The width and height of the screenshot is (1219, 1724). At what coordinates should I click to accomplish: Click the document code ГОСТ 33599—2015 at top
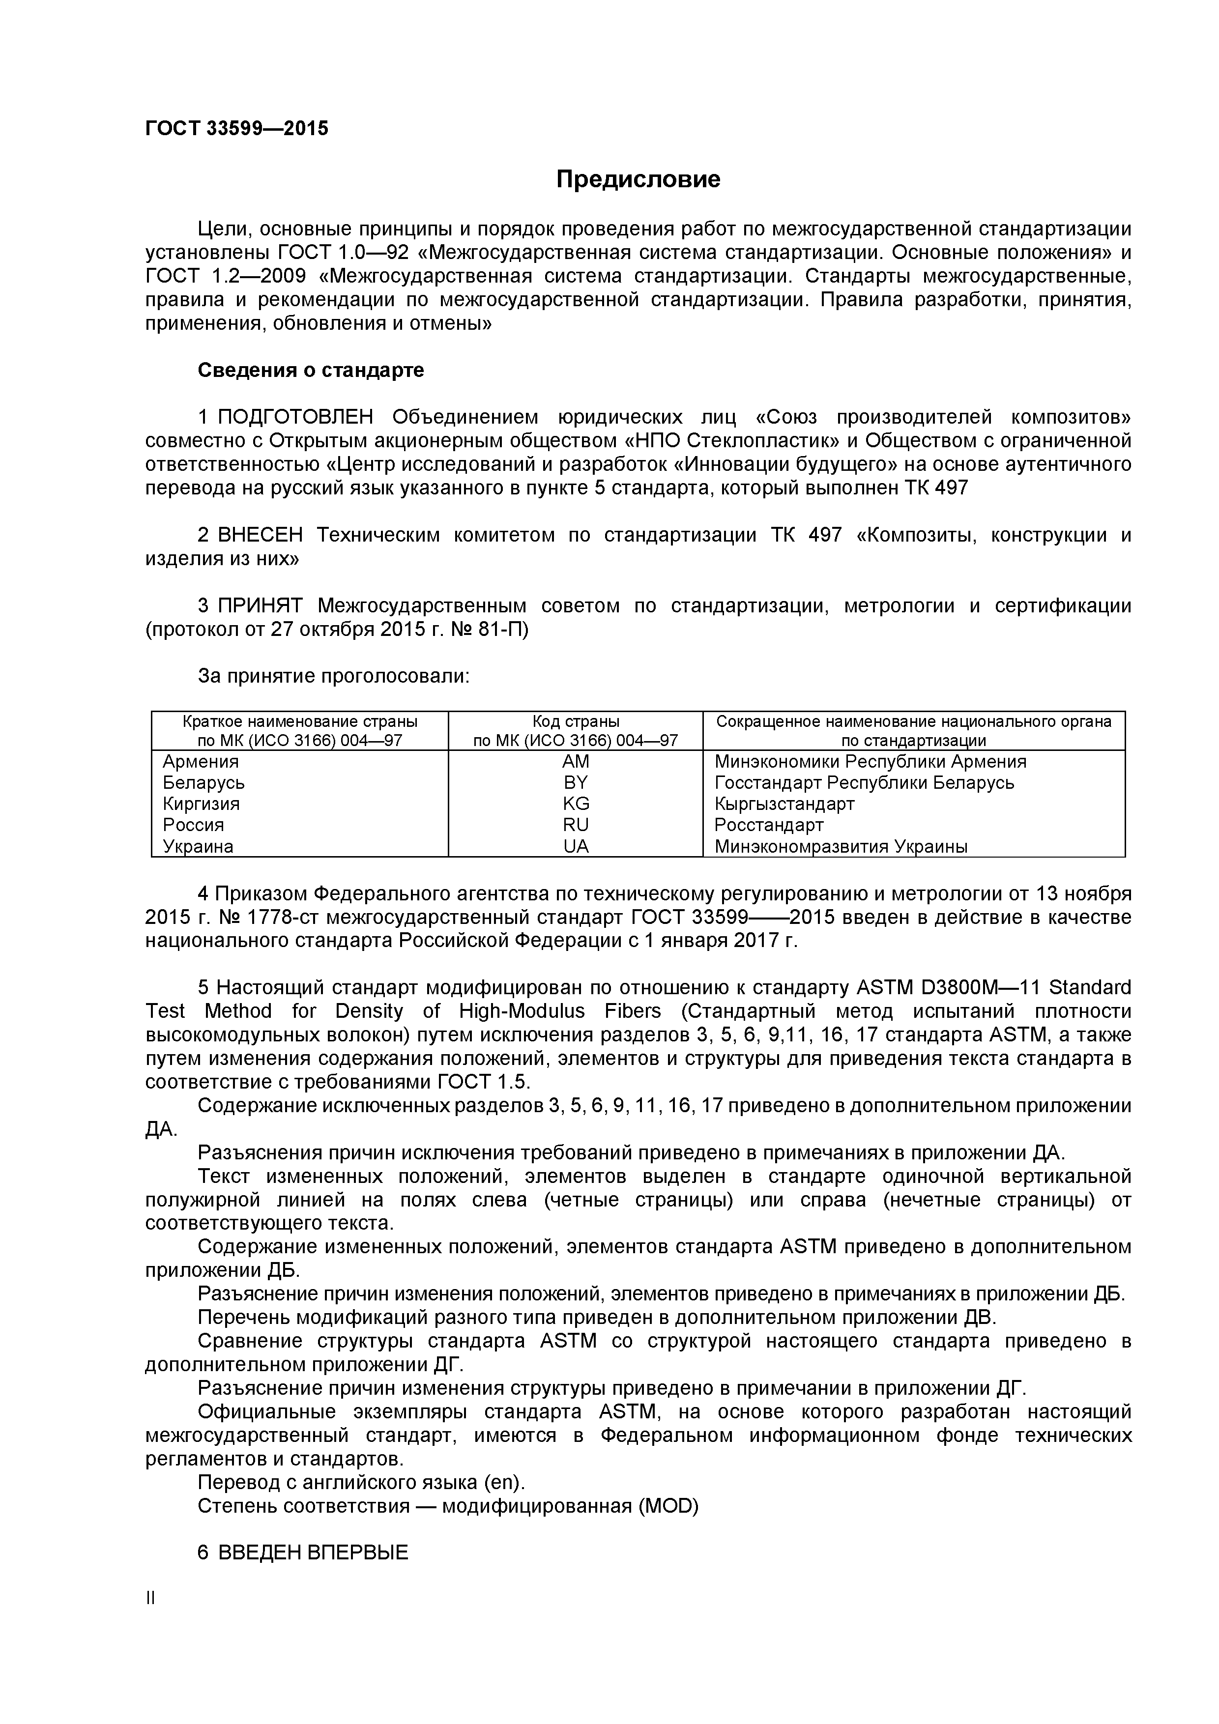pos(236,128)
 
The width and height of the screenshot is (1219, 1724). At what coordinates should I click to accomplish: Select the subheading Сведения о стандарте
pos(310,370)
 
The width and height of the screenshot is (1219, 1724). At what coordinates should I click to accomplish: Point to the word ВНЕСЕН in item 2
pos(261,535)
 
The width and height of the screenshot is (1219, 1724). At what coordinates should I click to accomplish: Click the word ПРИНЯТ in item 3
pos(260,606)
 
